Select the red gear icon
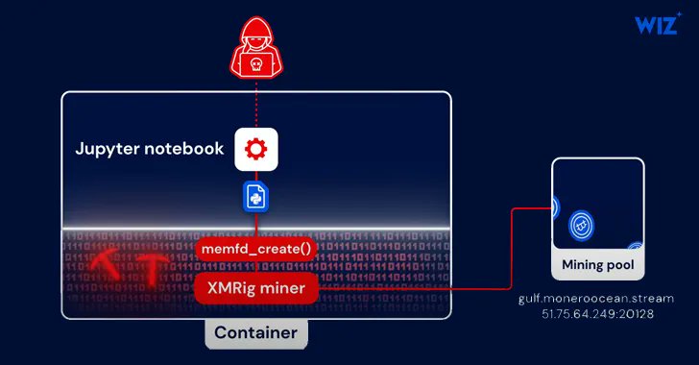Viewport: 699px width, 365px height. point(255,149)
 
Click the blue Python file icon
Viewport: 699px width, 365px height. point(255,197)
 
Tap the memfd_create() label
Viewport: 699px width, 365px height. point(255,250)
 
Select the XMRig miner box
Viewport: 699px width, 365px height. point(255,287)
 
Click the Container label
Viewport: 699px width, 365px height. point(255,333)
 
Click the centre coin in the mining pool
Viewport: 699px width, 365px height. point(581,226)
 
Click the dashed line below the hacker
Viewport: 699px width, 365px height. point(255,102)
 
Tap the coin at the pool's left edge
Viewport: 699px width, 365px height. point(555,207)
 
